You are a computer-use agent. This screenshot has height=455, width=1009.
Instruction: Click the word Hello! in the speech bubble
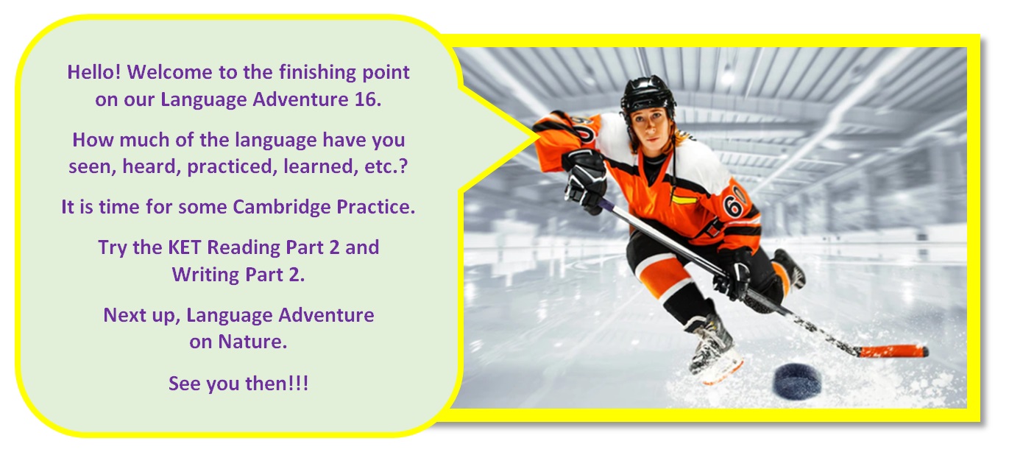click(93, 72)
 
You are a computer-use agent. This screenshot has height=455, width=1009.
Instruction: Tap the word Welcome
click(169, 72)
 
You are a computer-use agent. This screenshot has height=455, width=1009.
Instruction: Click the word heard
click(152, 166)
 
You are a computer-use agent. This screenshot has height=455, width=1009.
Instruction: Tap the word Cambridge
click(282, 207)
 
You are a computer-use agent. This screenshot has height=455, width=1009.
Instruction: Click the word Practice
click(375, 207)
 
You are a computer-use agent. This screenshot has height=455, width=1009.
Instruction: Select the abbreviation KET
click(184, 247)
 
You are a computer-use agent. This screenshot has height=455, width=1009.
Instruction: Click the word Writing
click(205, 275)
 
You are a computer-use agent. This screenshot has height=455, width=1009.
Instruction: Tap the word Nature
click(252, 342)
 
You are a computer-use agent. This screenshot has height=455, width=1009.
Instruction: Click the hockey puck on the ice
click(797, 381)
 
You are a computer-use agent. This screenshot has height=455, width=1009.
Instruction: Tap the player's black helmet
click(648, 94)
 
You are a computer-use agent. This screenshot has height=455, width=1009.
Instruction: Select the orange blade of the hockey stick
click(893, 351)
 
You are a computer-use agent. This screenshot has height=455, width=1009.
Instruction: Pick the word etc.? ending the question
click(386, 166)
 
